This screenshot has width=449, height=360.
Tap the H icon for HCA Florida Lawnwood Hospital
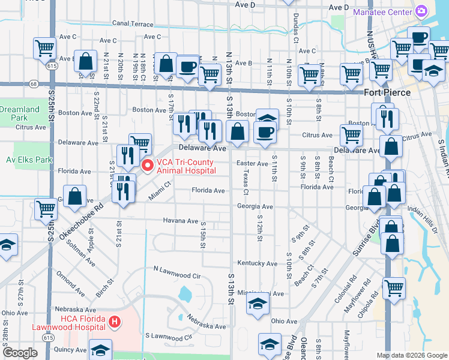click(115, 322)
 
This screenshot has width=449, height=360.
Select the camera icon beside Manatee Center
click(421, 11)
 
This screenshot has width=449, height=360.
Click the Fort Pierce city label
click(387, 92)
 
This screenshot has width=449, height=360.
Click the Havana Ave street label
click(180, 221)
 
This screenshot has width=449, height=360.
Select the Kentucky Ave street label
click(257, 263)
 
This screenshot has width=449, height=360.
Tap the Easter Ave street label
click(253, 163)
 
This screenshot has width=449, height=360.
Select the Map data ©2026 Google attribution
click(411, 355)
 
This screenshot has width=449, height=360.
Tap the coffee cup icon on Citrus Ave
click(264, 133)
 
